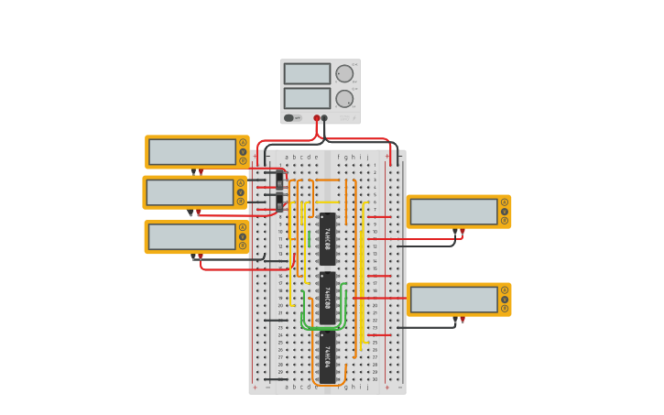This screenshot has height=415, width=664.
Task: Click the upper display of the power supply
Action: tap(307, 73)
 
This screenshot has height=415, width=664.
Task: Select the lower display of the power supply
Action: tap(307, 98)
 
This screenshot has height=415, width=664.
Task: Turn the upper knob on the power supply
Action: tap(344, 74)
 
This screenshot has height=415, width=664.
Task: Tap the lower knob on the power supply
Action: tap(344, 99)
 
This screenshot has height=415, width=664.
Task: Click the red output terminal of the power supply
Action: tap(317, 118)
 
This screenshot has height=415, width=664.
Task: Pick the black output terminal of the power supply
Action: tap(324, 118)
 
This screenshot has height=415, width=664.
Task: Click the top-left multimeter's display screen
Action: tap(192, 152)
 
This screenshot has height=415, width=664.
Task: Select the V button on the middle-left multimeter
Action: tap(240, 192)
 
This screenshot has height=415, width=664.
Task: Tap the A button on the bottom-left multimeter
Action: tap(243, 227)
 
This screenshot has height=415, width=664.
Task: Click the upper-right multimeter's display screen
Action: tap(453, 212)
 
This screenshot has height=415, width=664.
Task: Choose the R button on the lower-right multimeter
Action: tap(504, 309)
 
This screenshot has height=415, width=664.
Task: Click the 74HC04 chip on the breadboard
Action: tap(327, 356)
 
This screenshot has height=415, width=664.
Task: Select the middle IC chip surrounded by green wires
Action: tap(327, 298)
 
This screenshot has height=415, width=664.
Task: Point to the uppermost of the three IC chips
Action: tap(327, 238)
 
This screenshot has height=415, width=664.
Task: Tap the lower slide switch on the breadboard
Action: tap(279, 201)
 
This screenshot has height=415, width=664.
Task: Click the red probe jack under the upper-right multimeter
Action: tap(463, 232)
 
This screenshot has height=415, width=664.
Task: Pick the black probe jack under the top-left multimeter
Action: tap(193, 171)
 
